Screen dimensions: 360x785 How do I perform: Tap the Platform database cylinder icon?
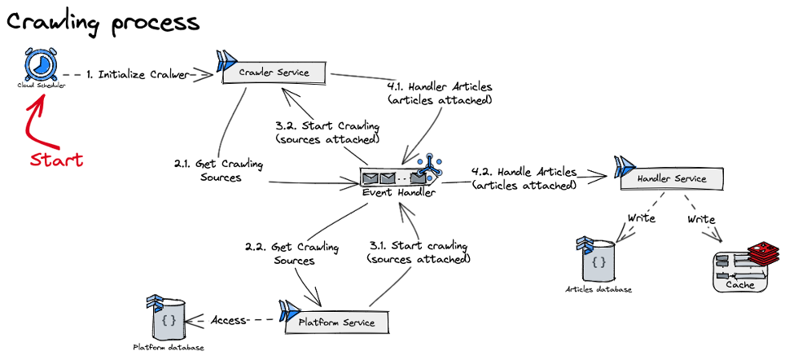(169, 320)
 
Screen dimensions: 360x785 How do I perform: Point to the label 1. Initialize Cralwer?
(136, 74)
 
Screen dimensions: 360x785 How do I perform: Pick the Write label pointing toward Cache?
(701, 219)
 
